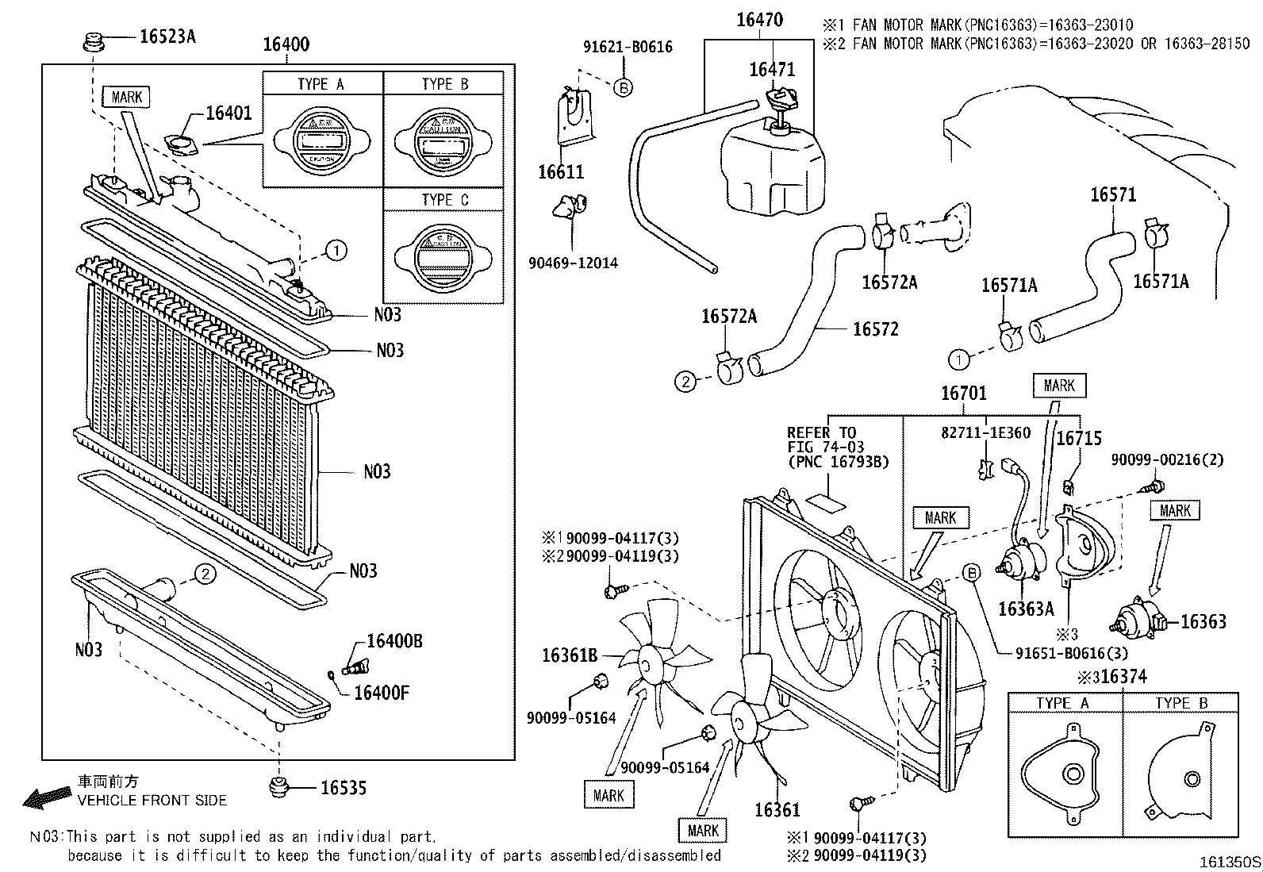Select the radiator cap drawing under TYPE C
point(443,254)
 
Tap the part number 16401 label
point(228,113)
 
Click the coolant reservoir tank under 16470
point(771,171)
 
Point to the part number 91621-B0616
point(627,47)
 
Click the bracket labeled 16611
point(575,119)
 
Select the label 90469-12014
point(573,263)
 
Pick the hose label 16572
point(875,329)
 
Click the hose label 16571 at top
point(1112,194)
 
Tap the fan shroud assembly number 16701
point(963,394)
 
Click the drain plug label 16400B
point(393,641)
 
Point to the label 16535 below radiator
point(343,788)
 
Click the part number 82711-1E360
point(985,433)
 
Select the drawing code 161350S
point(1229,862)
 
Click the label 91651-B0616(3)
point(1071,654)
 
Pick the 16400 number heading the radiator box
point(286,44)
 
